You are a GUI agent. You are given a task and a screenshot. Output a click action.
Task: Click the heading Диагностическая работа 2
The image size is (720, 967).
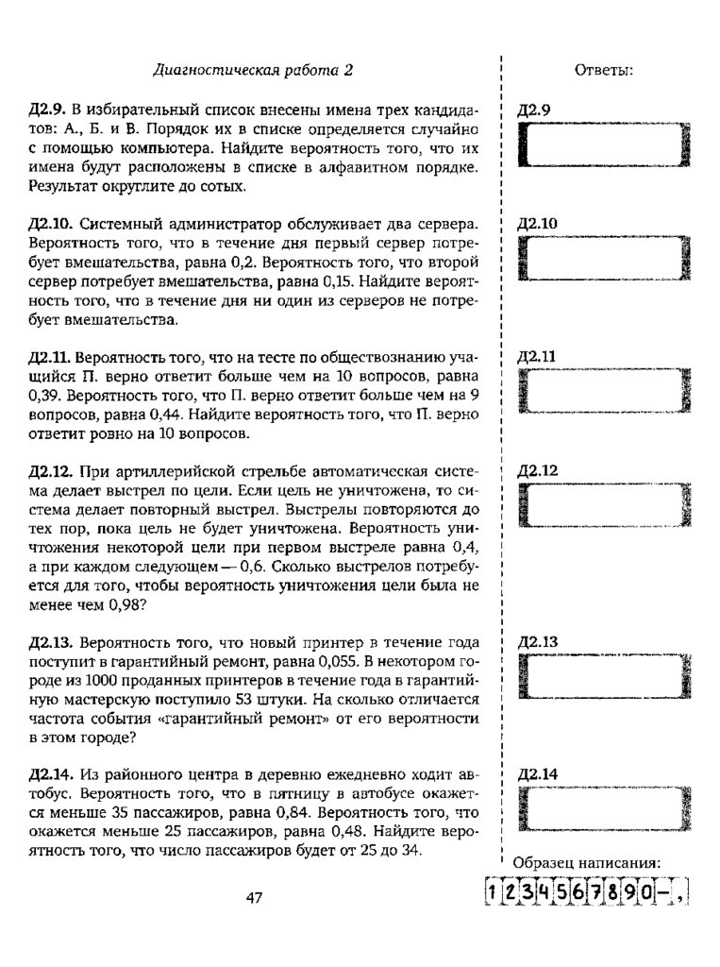tap(252, 71)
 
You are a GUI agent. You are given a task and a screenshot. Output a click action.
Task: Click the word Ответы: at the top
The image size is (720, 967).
tap(604, 71)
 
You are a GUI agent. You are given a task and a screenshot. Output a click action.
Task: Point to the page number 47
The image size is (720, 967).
tap(253, 897)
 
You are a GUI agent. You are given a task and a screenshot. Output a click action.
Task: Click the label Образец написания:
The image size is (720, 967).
tap(585, 862)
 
